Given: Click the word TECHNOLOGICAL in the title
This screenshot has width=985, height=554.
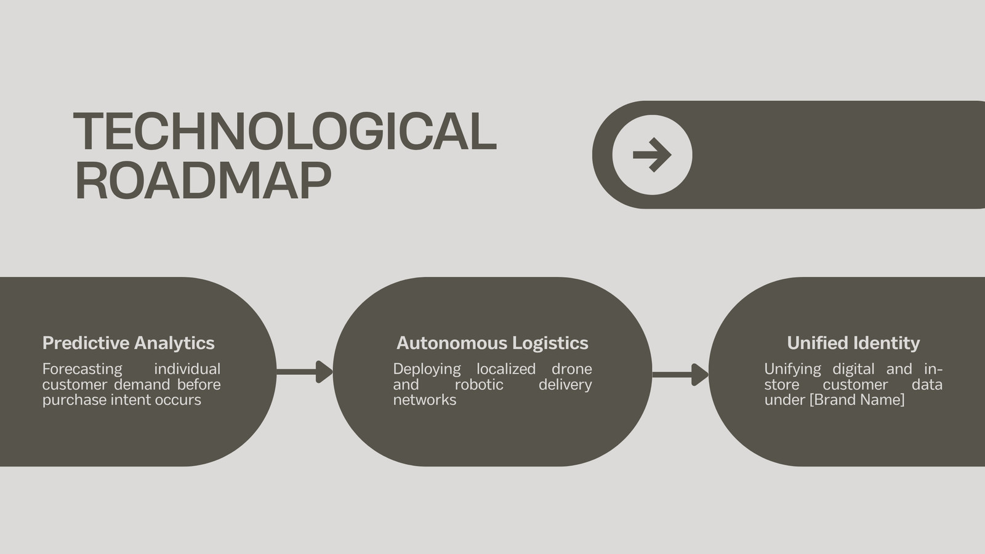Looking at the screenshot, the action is [x=285, y=132].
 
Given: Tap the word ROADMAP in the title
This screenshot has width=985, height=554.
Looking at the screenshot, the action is [x=203, y=180].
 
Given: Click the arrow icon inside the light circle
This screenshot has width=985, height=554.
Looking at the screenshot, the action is [x=652, y=155].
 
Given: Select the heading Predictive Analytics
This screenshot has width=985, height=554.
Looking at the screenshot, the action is [x=129, y=343].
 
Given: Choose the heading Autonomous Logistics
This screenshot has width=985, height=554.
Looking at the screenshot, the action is [x=492, y=343].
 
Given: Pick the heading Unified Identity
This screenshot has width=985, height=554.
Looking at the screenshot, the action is [x=853, y=343].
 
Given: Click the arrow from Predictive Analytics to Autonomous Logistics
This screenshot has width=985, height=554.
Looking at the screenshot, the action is [x=305, y=372].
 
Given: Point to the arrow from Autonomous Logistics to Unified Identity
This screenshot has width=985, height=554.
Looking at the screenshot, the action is [x=680, y=375].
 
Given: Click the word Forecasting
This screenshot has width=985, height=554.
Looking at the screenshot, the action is [x=82, y=369].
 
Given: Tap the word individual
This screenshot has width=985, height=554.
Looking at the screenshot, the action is [x=187, y=369].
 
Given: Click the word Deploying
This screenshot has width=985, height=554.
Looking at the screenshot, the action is [x=427, y=369].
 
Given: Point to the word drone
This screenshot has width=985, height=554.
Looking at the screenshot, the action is [x=572, y=369].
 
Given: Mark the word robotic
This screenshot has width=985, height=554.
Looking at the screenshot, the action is [x=479, y=385].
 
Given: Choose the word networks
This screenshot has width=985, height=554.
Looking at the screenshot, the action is [x=425, y=400].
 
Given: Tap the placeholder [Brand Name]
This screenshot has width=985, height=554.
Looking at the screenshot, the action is [x=858, y=400].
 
